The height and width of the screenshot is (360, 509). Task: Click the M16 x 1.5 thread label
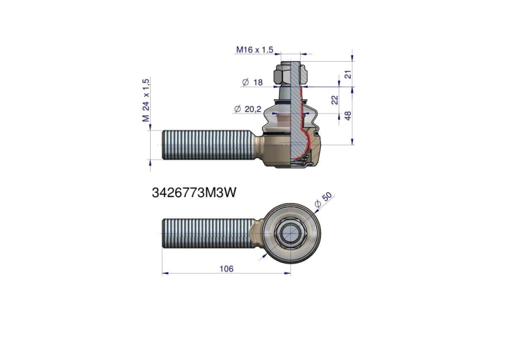pos(254,50)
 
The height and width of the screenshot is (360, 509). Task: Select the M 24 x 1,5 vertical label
pos(146,100)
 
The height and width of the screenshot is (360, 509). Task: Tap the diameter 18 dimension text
pos(252,82)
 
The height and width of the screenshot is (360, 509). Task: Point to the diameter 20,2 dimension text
pos(247,109)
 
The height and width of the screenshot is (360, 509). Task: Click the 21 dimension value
pos(348,74)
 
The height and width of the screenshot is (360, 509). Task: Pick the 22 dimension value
pos(335,99)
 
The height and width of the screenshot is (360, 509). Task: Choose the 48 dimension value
pos(348,115)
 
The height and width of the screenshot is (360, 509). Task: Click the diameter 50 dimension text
pos(324,200)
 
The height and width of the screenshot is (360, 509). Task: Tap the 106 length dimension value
pos(226,269)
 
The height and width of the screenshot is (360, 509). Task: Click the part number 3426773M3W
pos(194,193)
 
